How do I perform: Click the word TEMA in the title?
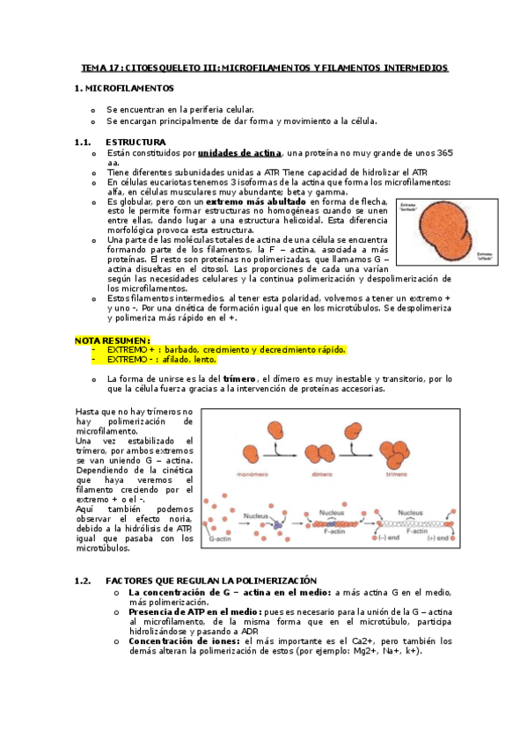pos(93,67)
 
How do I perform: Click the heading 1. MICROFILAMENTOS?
pos(124,89)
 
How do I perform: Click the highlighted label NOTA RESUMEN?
pos(113,340)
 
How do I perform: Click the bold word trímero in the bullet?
pos(240,378)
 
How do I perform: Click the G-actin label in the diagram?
pos(218,536)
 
